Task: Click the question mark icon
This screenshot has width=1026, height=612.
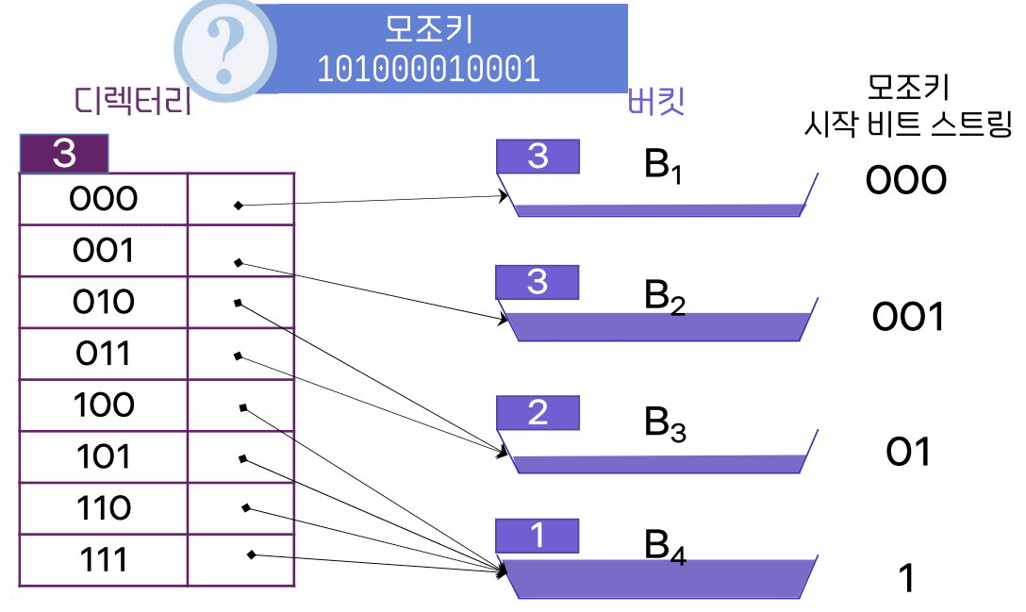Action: [225, 44]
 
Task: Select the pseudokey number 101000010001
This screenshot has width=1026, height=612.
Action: [428, 69]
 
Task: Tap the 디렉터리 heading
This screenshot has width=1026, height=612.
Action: [133, 101]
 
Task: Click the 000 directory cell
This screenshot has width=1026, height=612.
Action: [104, 199]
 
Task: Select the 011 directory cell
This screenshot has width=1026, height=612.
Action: [104, 354]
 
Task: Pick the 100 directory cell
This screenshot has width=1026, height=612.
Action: [104, 405]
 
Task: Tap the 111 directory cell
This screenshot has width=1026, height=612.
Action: [104, 561]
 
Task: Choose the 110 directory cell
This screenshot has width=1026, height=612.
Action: [104, 509]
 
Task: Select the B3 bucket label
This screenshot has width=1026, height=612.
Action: [665, 424]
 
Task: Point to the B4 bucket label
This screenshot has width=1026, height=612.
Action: [665, 546]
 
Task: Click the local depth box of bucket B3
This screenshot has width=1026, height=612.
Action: [538, 413]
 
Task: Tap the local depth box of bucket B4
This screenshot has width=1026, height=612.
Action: [537, 536]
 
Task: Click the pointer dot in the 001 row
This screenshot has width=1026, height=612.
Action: [239, 262]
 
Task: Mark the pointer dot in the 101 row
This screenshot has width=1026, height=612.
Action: [242, 459]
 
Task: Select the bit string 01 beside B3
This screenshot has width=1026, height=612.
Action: [908, 453]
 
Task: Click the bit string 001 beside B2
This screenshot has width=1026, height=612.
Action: [907, 318]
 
